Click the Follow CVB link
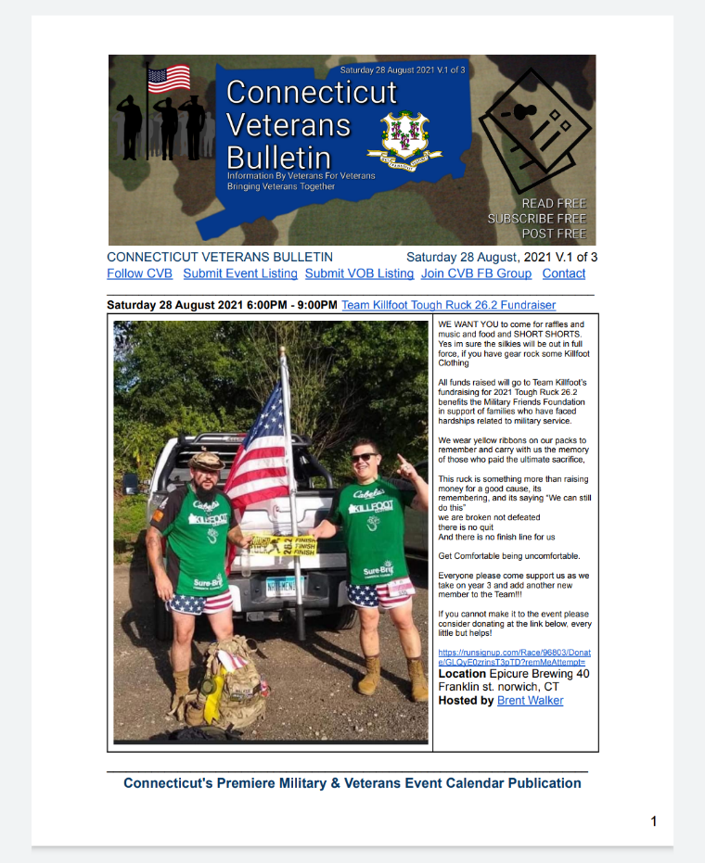139,273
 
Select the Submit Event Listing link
240,273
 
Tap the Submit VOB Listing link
359,273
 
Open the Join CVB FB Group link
476,273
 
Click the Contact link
564,273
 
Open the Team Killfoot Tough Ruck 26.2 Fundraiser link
448,305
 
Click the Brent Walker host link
530,701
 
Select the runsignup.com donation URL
514,657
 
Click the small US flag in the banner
168,79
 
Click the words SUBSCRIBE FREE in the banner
537,219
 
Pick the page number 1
654,821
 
